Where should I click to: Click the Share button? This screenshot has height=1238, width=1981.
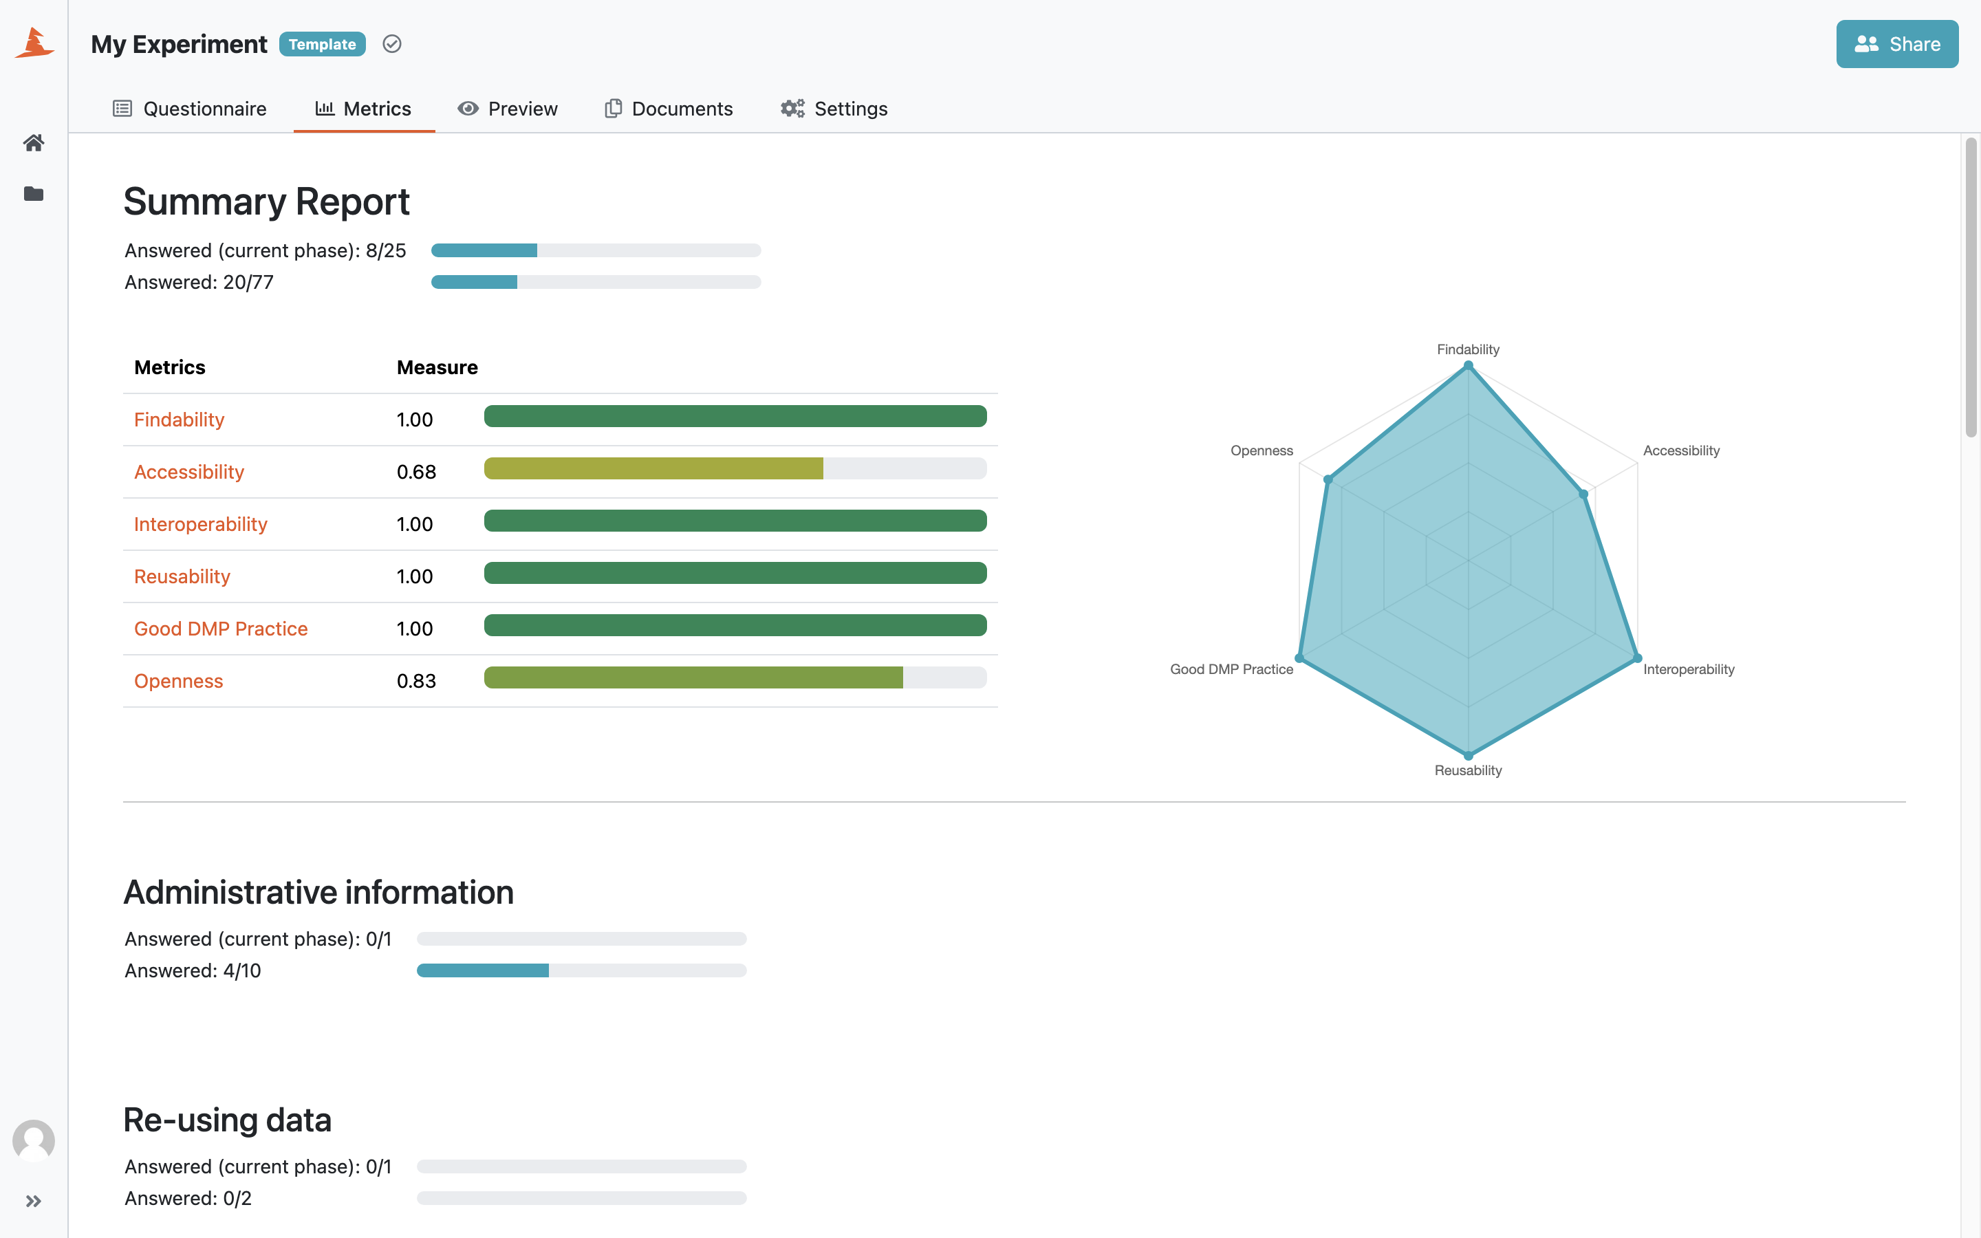click(1896, 44)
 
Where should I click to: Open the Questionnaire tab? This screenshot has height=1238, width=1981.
click(190, 109)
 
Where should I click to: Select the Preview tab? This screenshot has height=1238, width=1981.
click(508, 109)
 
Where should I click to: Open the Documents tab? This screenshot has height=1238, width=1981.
click(669, 109)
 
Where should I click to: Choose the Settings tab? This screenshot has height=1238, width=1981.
click(834, 109)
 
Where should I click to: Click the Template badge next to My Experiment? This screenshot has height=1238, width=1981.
click(323, 44)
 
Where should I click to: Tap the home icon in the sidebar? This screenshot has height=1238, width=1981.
click(34, 143)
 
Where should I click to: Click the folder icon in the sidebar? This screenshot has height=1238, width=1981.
click(34, 194)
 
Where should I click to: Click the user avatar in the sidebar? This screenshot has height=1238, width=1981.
click(34, 1140)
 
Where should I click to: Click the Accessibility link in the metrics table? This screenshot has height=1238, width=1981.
click(189, 472)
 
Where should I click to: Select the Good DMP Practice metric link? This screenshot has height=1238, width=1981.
click(221, 629)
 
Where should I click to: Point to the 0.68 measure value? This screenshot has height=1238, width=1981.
click(416, 473)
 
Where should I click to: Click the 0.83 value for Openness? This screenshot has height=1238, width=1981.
click(416, 681)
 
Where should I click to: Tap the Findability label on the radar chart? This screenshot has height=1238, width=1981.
click(1468, 349)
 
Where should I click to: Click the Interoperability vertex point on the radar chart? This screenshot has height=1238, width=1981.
click(1637, 658)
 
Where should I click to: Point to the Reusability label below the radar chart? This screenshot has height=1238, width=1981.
click(1468, 770)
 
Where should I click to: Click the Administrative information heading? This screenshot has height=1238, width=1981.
click(318, 893)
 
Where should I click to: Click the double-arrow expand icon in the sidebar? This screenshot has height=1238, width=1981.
click(34, 1201)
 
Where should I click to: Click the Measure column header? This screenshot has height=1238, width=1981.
click(437, 368)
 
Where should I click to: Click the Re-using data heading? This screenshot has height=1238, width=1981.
click(228, 1120)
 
